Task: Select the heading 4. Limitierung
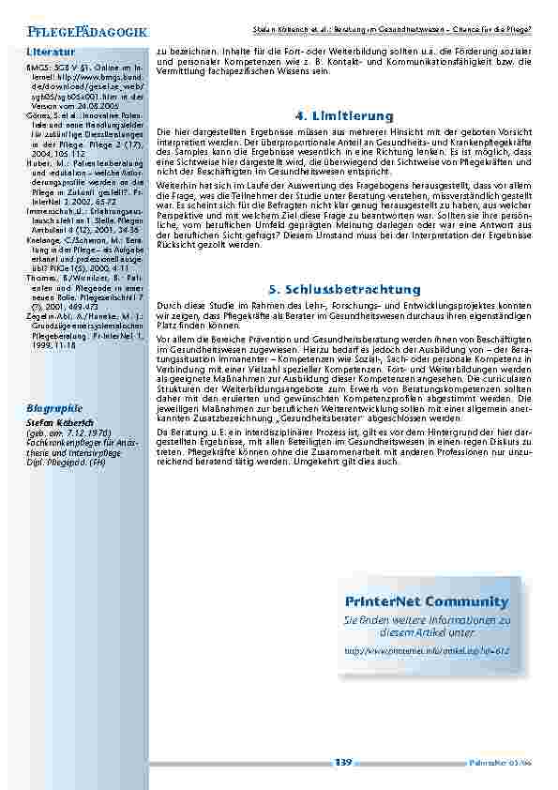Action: (x=344, y=115)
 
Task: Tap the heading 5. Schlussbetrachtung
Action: (x=344, y=290)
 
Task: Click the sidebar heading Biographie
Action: (x=54, y=408)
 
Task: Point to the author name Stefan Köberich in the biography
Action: (x=59, y=423)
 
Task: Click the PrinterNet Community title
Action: (x=427, y=601)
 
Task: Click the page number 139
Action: (x=343, y=763)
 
